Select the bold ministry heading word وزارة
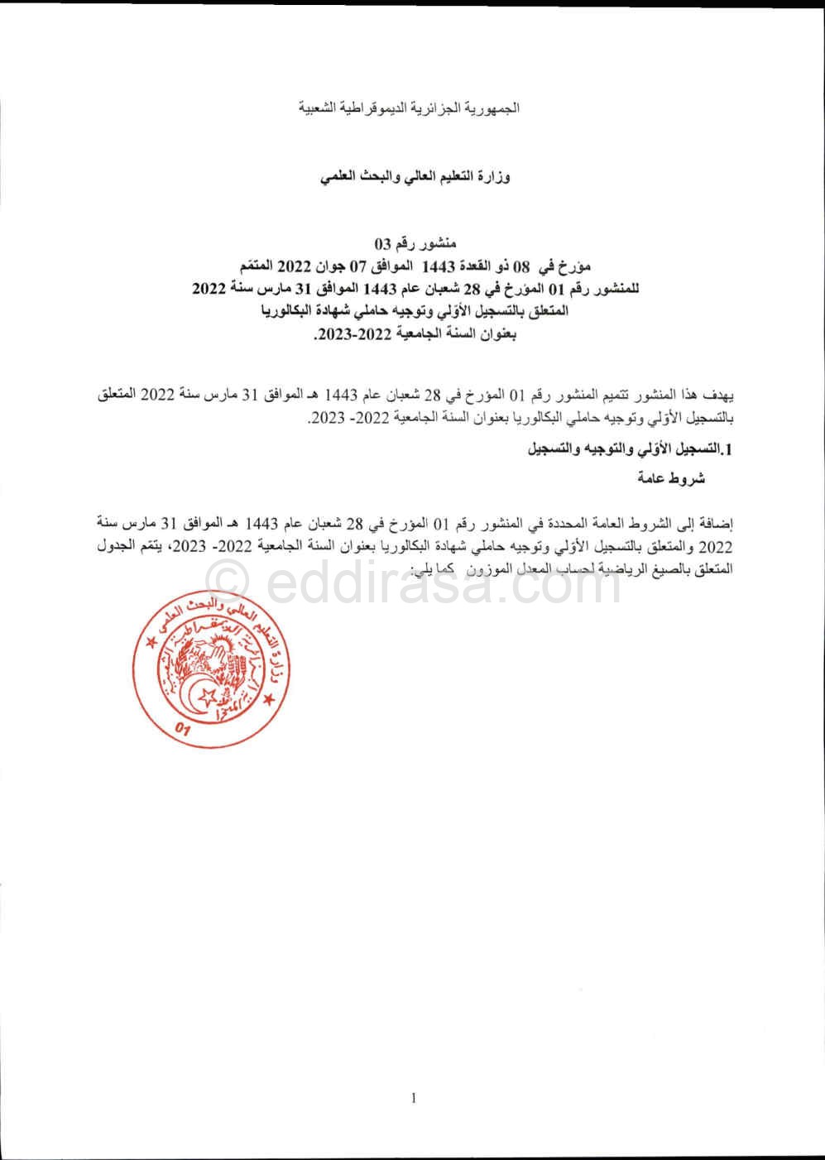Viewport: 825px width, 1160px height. pyautogui.click(x=493, y=177)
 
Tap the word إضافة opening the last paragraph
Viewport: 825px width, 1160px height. pyautogui.click(x=717, y=525)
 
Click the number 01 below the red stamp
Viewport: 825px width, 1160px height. pyautogui.click(x=184, y=728)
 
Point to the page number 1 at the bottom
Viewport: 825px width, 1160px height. pyautogui.click(x=413, y=1098)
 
